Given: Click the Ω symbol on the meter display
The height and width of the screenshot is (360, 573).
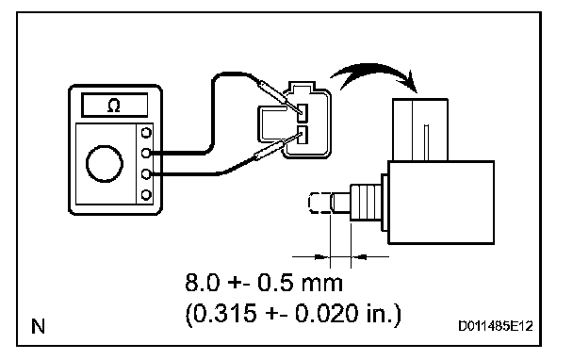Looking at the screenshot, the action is coord(114,106).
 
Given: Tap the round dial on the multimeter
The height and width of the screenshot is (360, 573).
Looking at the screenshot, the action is coord(105,163).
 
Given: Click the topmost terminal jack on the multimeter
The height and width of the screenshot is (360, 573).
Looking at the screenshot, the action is coord(146,132).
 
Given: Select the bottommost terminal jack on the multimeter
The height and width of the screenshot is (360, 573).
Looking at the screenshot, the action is coord(146,195).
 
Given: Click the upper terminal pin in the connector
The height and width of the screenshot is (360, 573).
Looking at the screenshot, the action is coord(303,113).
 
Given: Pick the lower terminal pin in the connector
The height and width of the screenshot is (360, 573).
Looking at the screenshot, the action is coord(303,135).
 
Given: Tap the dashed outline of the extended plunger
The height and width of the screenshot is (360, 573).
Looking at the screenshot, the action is coord(319,203).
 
